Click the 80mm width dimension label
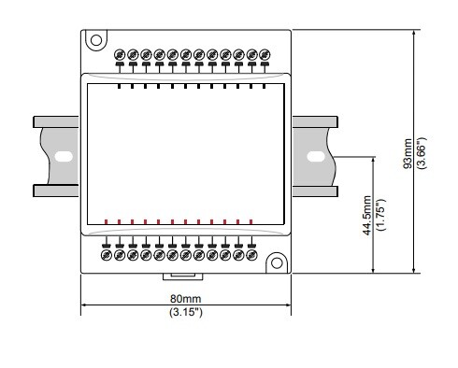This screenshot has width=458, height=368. click(x=185, y=299)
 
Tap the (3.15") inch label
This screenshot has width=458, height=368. click(x=186, y=312)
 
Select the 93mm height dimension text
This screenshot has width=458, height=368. click(x=408, y=153)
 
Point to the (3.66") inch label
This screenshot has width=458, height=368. click(x=422, y=153)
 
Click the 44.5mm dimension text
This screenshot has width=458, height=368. click(x=367, y=215)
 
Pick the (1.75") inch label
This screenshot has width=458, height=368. click(x=380, y=215)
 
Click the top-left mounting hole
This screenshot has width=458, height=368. click(x=96, y=40)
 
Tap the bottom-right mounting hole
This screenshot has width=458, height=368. click(x=277, y=263)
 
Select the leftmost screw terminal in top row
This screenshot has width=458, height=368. click(x=120, y=55)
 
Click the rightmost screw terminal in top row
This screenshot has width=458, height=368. click(x=265, y=55)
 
